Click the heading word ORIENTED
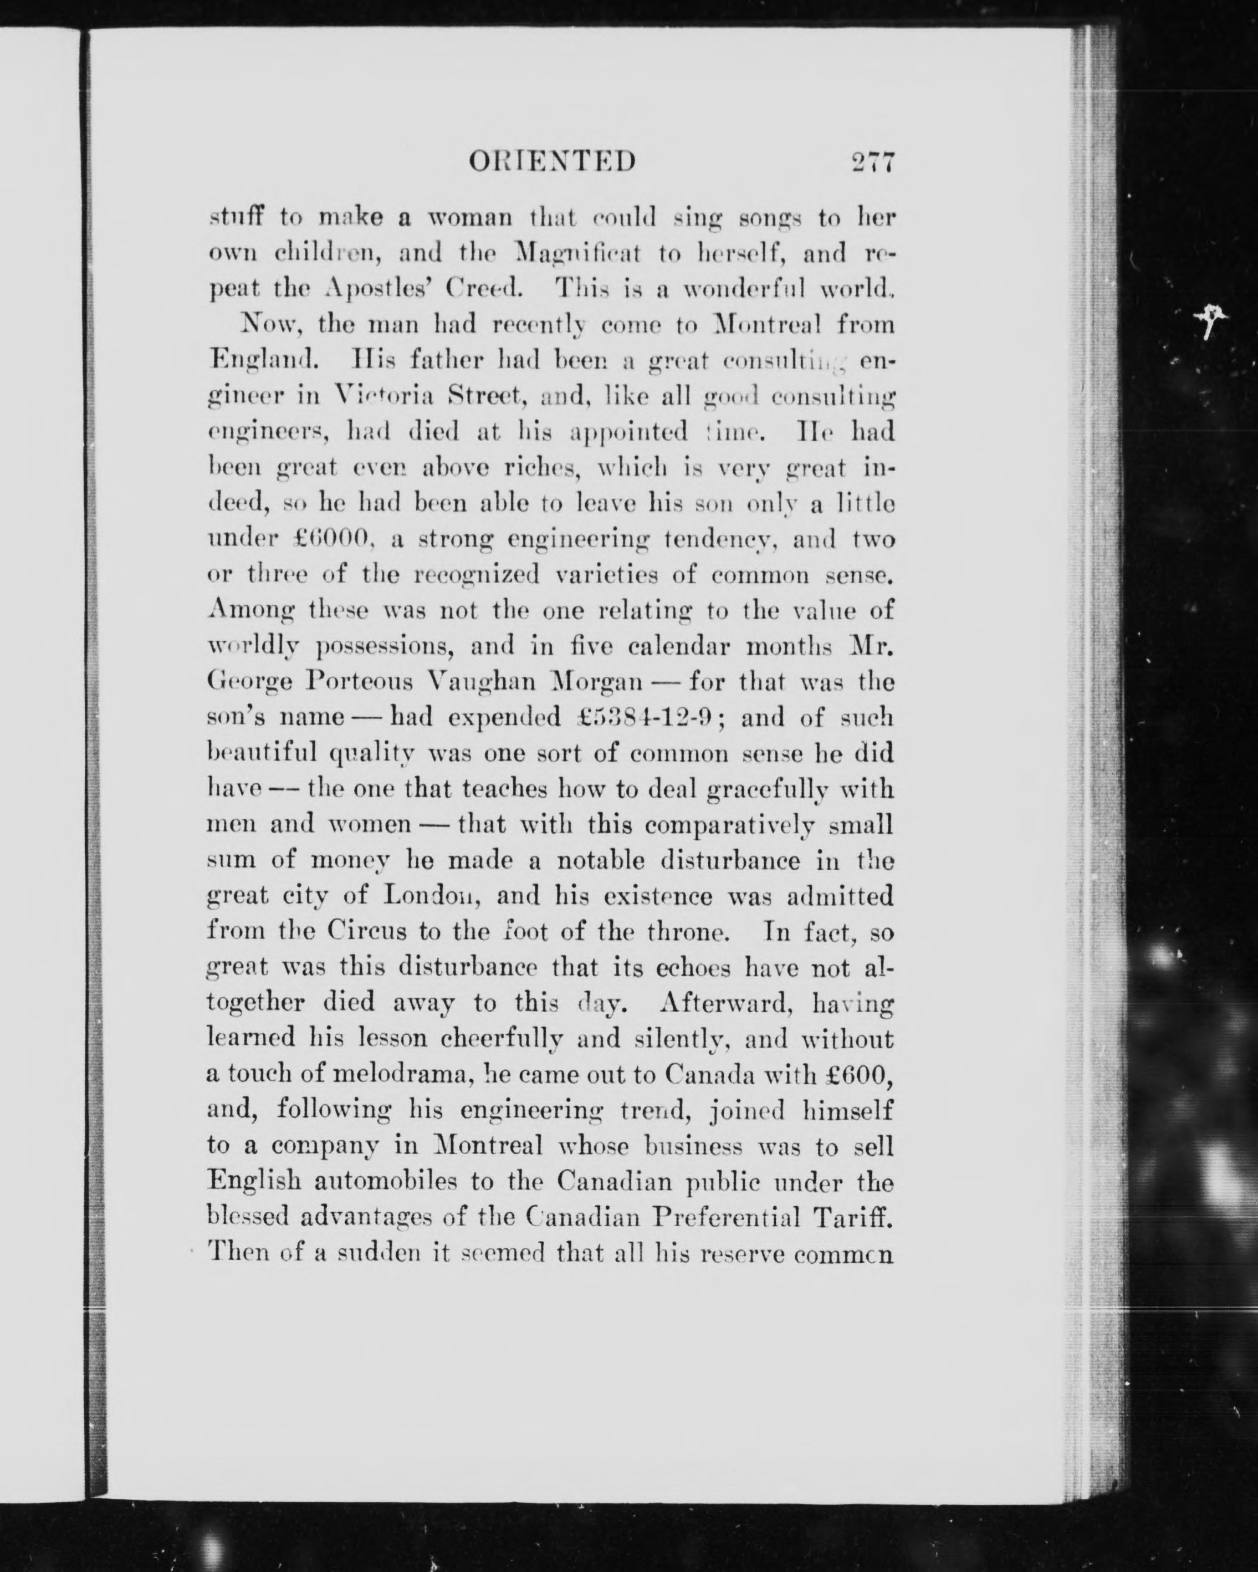point(553,161)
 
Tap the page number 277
point(872,161)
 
